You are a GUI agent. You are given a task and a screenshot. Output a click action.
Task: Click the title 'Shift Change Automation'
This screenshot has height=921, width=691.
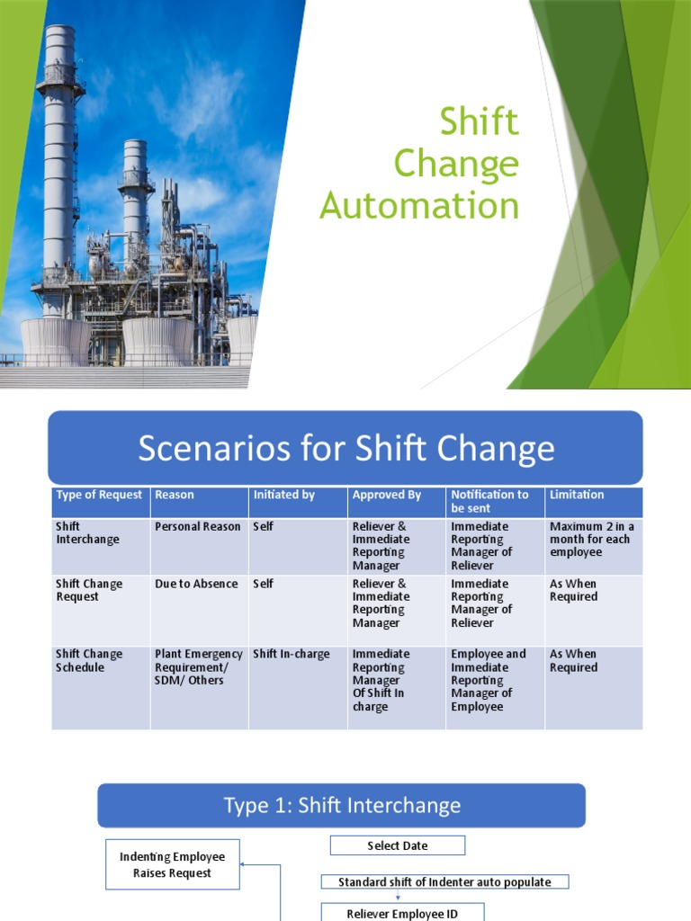point(420,164)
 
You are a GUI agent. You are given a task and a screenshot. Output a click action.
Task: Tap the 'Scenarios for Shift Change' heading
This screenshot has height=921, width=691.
point(345,448)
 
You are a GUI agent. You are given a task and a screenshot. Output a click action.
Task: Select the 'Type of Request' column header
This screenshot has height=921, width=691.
point(99,495)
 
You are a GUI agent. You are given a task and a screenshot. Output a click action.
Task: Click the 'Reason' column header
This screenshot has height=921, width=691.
point(175,495)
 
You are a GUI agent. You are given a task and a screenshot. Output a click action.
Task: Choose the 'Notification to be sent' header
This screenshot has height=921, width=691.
point(489,501)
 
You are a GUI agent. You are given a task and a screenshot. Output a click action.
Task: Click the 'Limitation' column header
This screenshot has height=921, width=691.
point(577,495)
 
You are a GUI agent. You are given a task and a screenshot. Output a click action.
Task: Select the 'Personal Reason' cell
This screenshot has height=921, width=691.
point(198,526)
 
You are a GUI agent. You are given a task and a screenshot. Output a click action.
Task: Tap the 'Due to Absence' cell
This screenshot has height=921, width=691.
point(196,584)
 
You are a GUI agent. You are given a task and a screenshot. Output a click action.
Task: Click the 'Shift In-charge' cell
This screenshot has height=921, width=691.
point(292,654)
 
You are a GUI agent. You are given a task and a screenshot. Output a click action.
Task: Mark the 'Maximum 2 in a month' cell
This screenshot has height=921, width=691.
point(591,539)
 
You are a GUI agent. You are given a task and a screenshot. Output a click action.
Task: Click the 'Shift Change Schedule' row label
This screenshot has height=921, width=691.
point(89,660)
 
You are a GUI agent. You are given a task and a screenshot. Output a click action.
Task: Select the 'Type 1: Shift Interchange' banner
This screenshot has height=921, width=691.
point(342,805)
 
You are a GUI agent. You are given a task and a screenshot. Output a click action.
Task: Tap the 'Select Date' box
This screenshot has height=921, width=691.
point(398,845)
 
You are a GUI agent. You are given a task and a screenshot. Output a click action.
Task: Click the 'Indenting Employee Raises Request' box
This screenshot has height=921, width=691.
point(173,864)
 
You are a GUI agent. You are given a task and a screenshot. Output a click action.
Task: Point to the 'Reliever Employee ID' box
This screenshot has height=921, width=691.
point(402,913)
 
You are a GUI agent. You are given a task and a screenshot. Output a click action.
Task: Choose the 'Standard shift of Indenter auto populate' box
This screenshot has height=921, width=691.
point(444,882)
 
